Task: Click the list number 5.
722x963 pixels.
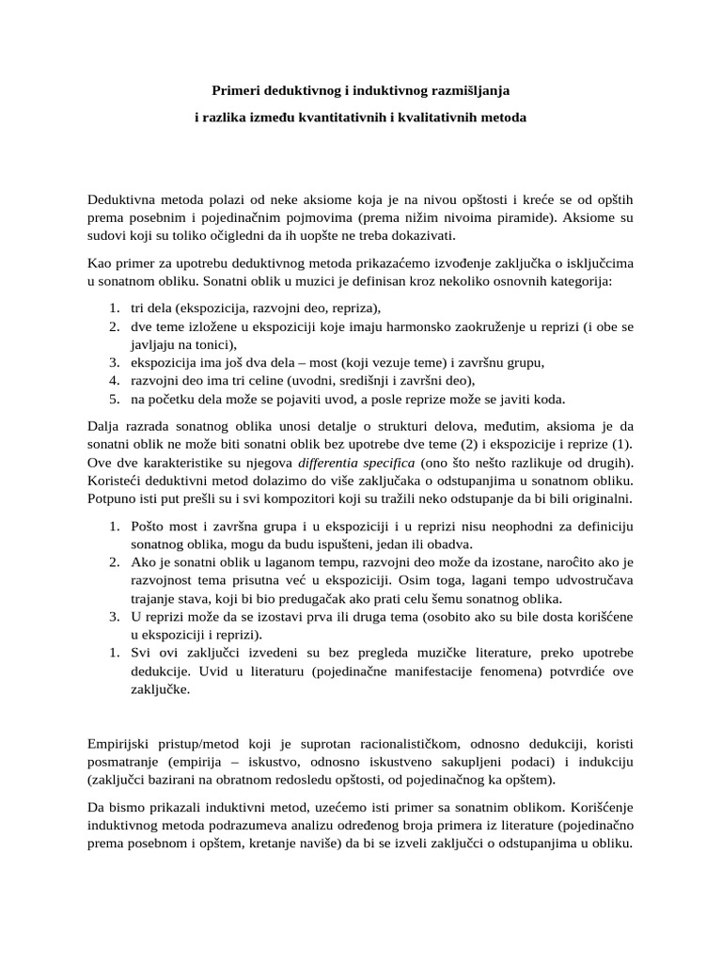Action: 112,398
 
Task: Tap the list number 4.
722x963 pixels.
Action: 112,380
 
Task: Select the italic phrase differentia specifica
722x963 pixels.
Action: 352,462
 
